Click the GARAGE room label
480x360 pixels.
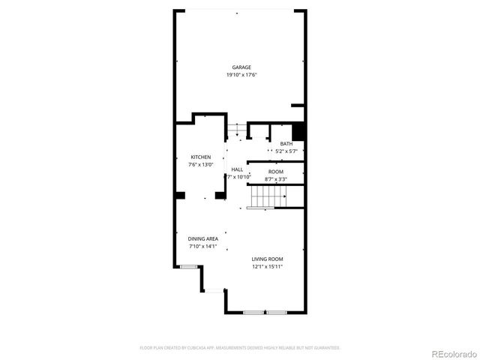point(241,67)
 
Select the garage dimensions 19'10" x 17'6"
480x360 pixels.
point(241,75)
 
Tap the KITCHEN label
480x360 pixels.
point(200,157)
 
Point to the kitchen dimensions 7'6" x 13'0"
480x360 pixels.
point(200,164)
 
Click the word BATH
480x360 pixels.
point(286,144)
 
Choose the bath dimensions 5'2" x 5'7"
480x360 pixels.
point(286,151)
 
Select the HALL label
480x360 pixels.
point(237,169)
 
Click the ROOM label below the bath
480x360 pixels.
point(276,172)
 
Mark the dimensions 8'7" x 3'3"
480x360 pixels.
point(276,179)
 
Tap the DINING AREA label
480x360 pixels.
point(202,238)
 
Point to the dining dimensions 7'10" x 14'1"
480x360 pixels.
point(202,246)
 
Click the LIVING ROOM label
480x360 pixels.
point(266,259)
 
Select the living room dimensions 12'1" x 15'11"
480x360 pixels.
point(266,266)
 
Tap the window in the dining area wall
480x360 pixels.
point(188,266)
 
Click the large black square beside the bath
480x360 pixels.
point(298,131)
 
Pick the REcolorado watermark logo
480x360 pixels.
point(450,352)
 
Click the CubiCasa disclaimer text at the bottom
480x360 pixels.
point(240,348)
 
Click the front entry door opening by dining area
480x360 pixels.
point(214,291)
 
